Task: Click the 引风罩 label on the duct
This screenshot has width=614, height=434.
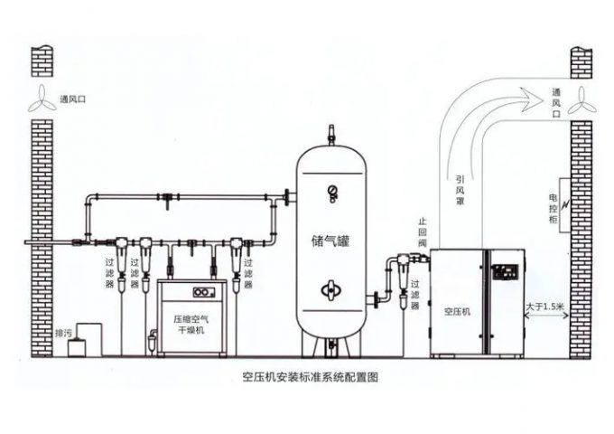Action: pos(460,193)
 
